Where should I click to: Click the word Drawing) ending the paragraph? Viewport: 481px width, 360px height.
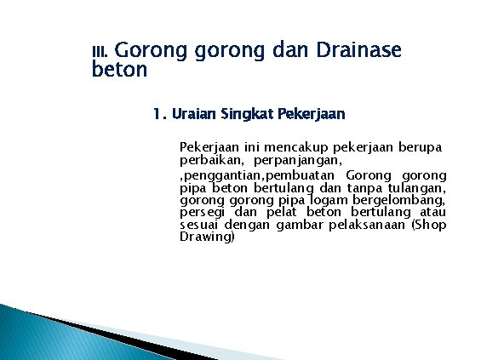(x=207, y=237)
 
